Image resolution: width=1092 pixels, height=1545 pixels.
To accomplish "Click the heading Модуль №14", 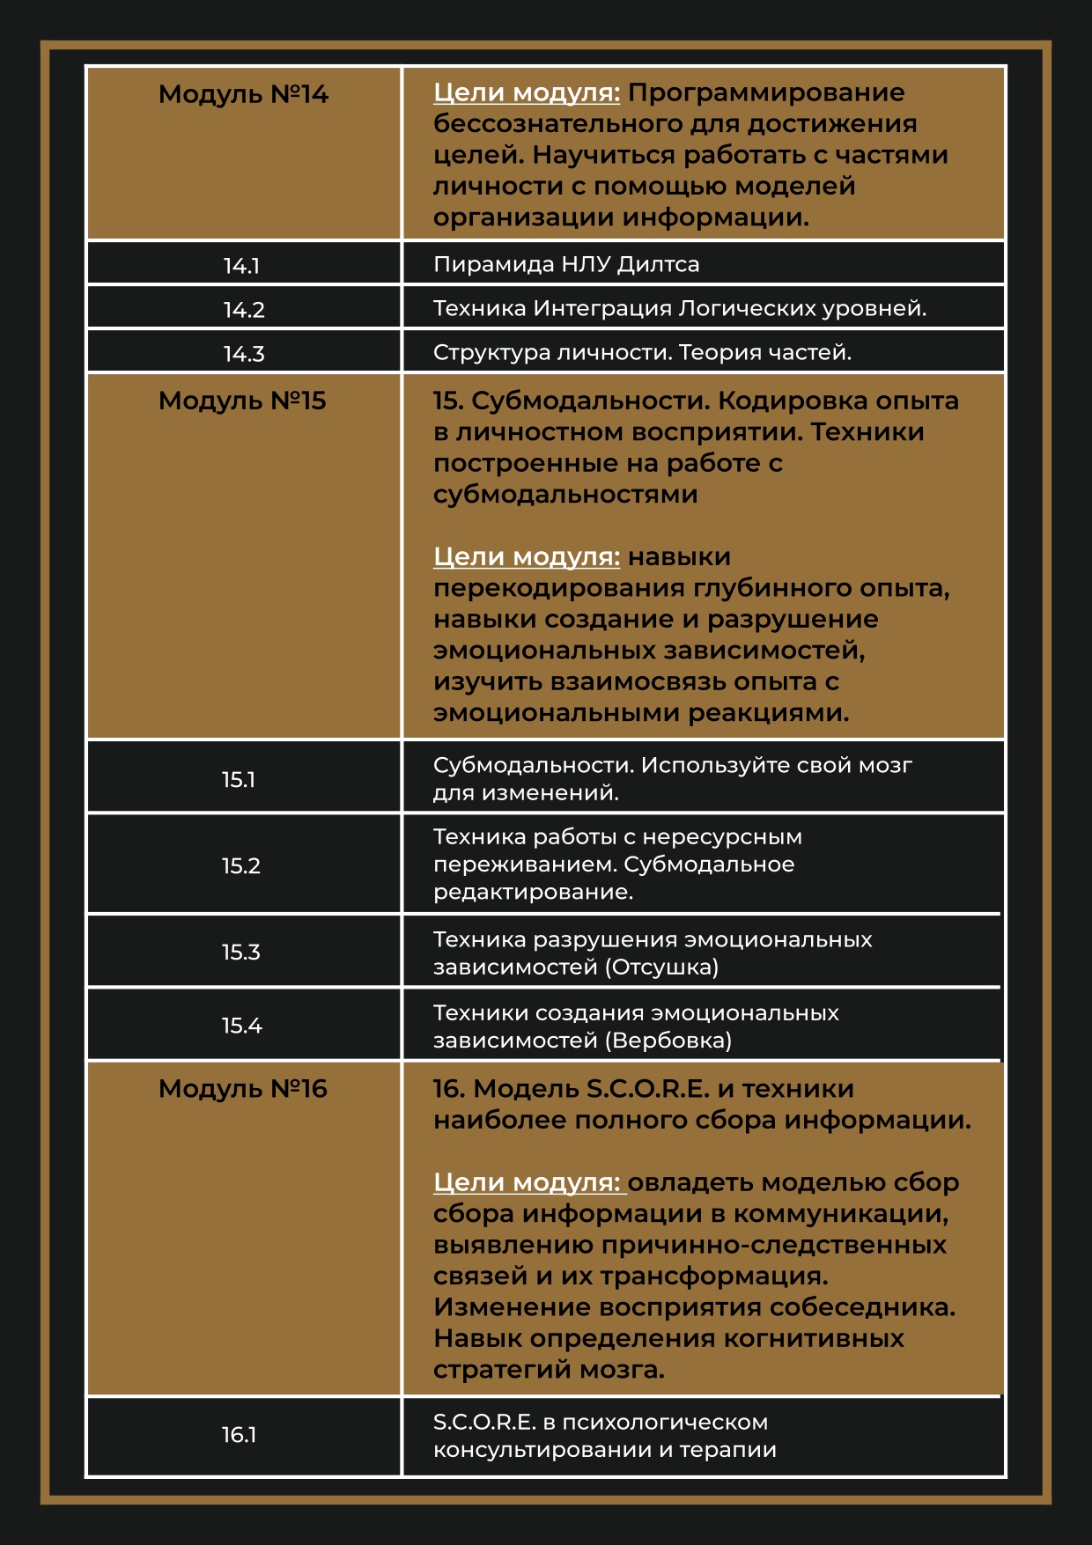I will point(243,94).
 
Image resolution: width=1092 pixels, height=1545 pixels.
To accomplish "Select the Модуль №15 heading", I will point(242,401).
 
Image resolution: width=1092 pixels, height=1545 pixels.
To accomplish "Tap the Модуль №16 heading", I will point(242,1089).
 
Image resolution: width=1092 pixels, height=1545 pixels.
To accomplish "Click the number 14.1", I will point(241,265).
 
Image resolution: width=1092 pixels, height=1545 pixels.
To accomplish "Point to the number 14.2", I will point(244,310).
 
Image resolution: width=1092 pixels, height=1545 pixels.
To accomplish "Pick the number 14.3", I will point(244,354).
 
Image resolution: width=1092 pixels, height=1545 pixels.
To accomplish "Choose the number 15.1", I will point(239,779).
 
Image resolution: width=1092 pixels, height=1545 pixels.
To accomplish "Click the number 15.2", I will point(241,865).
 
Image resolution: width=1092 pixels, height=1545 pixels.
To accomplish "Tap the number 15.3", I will point(241,952).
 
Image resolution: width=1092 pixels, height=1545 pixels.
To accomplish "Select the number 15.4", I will point(242,1026).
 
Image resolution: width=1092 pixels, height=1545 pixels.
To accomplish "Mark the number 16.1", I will point(239,1435).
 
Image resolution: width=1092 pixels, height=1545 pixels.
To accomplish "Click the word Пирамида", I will point(484,264).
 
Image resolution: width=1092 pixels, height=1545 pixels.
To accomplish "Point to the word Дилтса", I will point(658,264).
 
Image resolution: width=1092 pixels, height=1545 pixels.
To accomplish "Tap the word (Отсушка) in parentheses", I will point(661,967).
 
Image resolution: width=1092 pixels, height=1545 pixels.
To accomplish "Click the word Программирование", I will point(766,92).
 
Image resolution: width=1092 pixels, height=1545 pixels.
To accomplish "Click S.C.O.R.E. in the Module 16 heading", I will point(648,1089).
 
